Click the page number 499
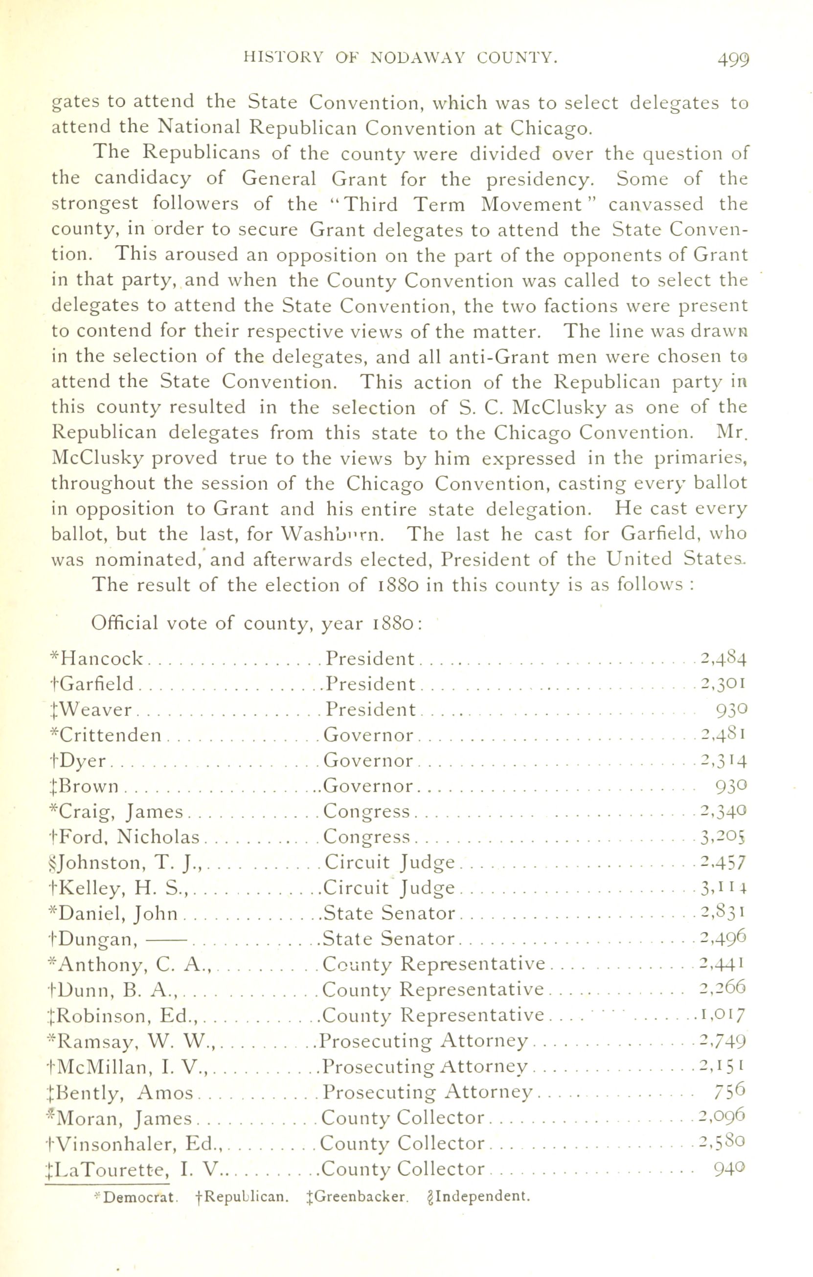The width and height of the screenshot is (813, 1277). tap(733, 60)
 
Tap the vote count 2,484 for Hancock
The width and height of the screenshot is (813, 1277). tap(723, 659)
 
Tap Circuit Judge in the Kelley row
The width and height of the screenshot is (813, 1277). tap(389, 888)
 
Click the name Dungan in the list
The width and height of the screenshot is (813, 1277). tap(99, 939)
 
